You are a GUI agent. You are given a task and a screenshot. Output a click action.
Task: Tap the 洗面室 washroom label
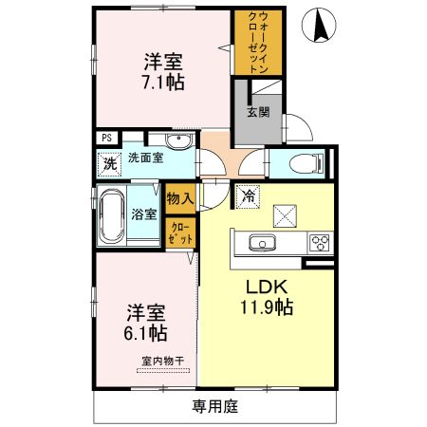point(144,159)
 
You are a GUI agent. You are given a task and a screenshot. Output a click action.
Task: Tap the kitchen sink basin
point(260,243)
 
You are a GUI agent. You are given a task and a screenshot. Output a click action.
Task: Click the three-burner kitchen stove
point(316,243)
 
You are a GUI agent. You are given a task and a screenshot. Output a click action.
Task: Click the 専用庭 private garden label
point(214,408)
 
